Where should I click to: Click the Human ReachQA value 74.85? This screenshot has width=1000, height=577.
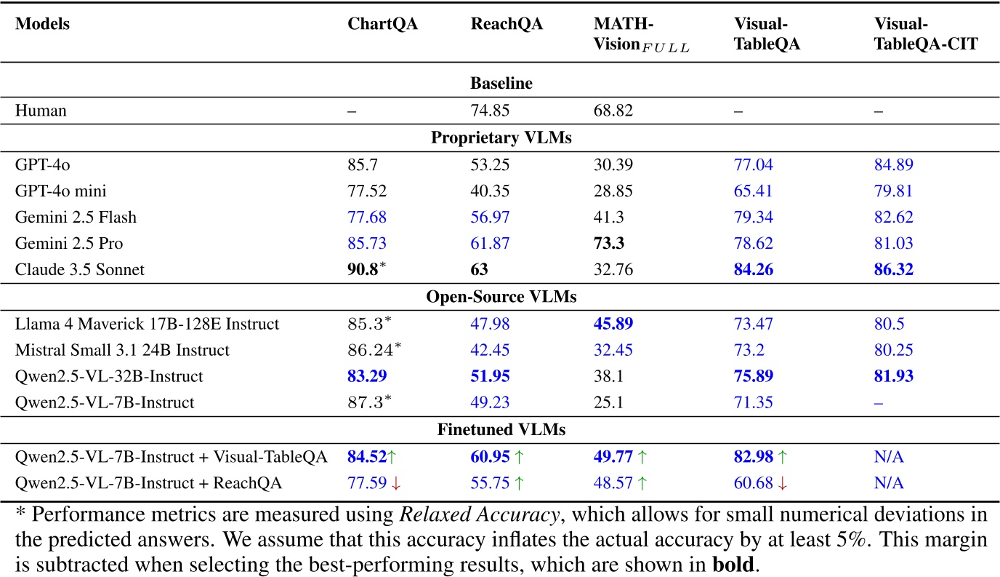click(x=491, y=111)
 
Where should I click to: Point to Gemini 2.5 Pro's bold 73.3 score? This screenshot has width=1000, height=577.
click(x=610, y=243)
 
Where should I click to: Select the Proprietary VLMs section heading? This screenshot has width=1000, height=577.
click(x=501, y=138)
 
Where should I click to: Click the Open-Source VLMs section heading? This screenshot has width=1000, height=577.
click(x=501, y=296)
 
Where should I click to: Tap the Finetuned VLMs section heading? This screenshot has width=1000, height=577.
click(x=501, y=429)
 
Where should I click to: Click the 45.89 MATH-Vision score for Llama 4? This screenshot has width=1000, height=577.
click(x=613, y=323)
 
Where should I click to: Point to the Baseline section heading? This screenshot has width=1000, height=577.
click(x=501, y=84)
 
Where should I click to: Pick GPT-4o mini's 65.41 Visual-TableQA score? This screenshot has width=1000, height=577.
click(x=754, y=191)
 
